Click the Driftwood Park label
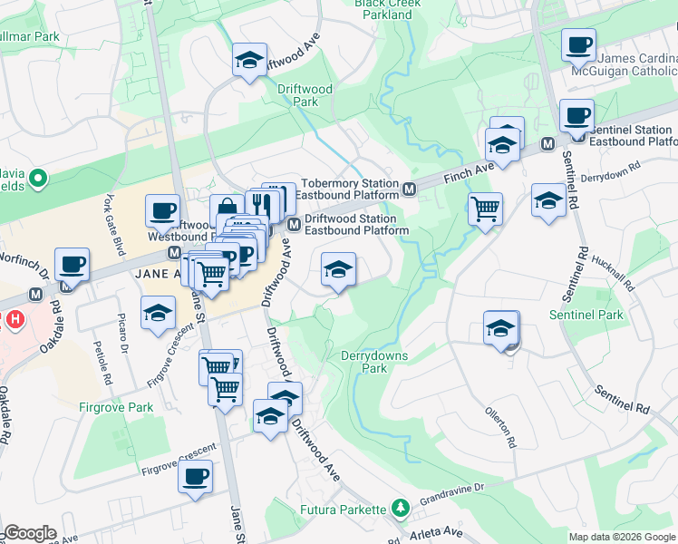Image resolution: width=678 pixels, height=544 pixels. pos(305,95)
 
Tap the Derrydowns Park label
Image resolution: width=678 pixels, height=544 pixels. pos(374,363)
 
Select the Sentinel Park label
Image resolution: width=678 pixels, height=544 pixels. pos(586,315)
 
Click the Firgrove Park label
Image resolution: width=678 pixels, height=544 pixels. pos(115,407)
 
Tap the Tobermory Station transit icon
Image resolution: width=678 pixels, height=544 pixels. pos(410,189)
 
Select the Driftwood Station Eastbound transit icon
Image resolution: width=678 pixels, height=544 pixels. pos(294,224)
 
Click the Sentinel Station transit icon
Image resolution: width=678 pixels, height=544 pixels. pos(547,144)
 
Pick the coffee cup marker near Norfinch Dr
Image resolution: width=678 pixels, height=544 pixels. pos(72,264)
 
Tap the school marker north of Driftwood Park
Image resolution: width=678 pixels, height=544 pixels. pos(249,60)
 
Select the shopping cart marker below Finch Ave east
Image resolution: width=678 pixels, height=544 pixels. pos(486,209)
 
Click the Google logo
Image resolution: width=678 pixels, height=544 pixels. pos(31,533)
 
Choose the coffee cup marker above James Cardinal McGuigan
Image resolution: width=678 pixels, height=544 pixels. pos(577,43)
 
